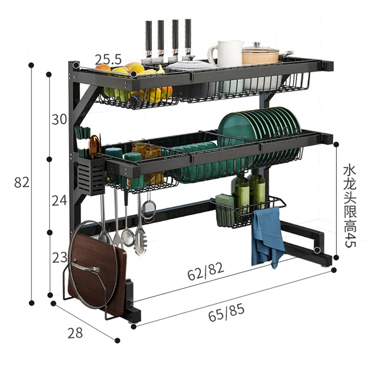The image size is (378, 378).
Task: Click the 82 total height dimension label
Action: (x=22, y=182)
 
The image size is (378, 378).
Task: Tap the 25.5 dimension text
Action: (x=108, y=60)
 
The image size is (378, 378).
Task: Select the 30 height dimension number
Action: (x=59, y=120)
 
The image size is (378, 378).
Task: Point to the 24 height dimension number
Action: (x=59, y=200)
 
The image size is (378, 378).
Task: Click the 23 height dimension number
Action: (x=59, y=258)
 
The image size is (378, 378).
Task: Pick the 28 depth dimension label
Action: (x=75, y=333)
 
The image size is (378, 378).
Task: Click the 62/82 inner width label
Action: (x=206, y=273)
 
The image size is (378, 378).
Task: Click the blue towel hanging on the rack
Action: (x=267, y=236)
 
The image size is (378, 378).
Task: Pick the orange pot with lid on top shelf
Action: (x=261, y=55)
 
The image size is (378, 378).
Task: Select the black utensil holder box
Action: (x=90, y=176)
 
